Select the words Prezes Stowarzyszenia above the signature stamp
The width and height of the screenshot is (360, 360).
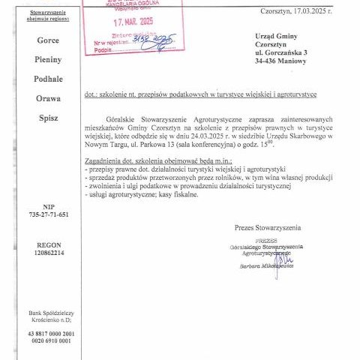coord(266,226)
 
